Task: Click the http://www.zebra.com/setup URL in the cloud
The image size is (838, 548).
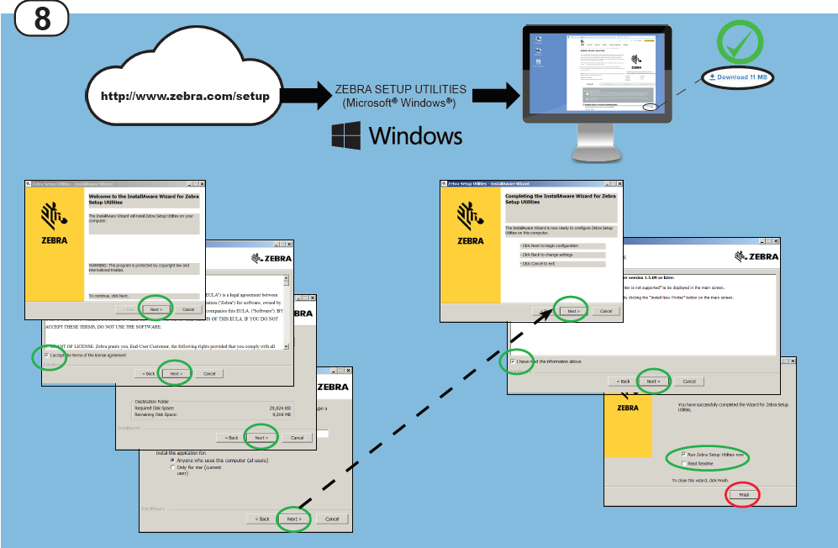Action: [185, 96]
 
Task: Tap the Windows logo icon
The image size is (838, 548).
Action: [346, 135]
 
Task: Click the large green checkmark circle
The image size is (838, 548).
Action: [739, 43]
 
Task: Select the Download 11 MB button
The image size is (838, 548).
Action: [738, 76]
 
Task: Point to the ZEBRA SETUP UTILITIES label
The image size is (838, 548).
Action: [400, 88]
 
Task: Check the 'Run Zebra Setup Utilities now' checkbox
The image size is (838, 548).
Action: [684, 454]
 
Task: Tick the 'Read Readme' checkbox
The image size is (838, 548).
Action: [684, 463]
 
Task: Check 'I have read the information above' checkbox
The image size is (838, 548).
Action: [513, 361]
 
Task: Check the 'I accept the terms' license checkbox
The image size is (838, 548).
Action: [46, 355]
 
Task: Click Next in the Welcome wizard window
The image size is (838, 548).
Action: [155, 308]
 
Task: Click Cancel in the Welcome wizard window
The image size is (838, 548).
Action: [188, 308]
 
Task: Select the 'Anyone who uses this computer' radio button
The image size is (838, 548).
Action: [172, 461]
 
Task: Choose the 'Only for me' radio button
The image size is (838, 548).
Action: [172, 468]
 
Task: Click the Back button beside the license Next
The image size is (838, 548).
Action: [148, 373]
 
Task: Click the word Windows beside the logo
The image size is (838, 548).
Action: [415, 135]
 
